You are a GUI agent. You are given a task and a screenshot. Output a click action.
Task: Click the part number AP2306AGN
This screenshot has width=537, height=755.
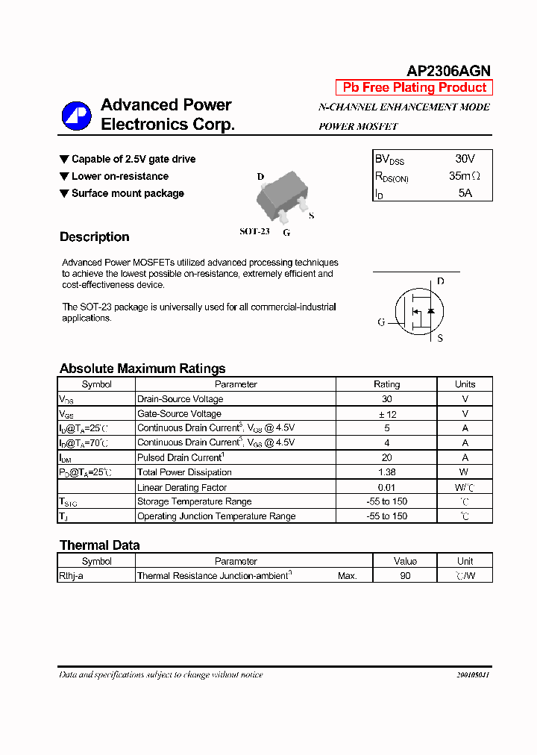click(448, 70)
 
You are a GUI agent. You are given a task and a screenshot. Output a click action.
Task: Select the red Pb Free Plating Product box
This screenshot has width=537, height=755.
click(414, 87)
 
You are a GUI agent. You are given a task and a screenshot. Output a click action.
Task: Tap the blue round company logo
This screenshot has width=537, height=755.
click(75, 116)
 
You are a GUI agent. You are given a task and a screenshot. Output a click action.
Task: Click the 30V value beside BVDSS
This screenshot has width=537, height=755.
click(464, 159)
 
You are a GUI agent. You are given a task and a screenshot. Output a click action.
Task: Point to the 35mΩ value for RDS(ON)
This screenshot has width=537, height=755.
click(464, 176)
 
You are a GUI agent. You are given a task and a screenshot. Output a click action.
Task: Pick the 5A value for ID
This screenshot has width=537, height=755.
click(465, 192)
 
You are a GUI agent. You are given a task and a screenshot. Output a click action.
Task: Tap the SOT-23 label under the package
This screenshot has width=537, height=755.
click(254, 231)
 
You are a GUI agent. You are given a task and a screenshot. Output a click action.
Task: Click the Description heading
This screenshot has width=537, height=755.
click(94, 237)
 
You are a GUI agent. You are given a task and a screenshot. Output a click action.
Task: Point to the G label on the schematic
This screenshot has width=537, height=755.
click(381, 322)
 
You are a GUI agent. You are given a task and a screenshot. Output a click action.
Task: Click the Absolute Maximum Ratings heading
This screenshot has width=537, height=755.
click(142, 369)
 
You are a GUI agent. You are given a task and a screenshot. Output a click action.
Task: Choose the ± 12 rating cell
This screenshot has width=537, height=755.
click(386, 413)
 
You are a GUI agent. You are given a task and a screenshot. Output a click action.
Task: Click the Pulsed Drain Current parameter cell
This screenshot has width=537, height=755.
click(180, 457)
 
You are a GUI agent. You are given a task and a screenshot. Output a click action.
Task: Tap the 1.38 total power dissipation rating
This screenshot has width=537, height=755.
click(386, 472)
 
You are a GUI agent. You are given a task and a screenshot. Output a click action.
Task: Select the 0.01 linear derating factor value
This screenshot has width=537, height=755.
click(386, 487)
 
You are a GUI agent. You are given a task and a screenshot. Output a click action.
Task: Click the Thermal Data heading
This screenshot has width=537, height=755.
click(99, 545)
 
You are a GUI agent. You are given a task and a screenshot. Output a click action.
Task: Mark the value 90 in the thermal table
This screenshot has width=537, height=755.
click(405, 576)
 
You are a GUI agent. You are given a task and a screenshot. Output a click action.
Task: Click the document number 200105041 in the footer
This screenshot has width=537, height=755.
click(472, 674)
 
